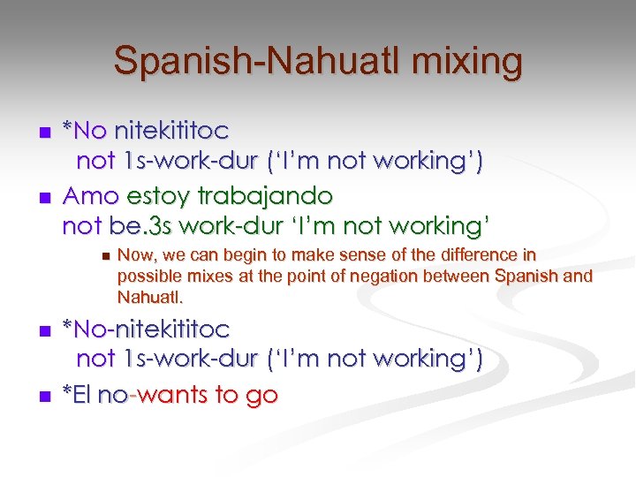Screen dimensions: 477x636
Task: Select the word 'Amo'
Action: [87, 194]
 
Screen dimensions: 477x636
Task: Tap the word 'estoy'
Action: [153, 194]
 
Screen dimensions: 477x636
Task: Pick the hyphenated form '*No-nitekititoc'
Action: [146, 329]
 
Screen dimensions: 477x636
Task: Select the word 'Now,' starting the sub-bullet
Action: [135, 255]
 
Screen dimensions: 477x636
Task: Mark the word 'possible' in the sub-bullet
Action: [147, 276]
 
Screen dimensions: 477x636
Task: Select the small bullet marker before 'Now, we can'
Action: [102, 256]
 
